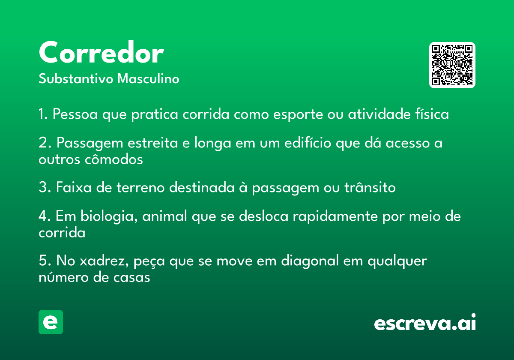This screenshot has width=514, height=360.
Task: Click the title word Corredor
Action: pos(101,52)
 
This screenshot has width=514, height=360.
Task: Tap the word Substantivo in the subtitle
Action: pos(76,78)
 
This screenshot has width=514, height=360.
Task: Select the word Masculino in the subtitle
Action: pos(148,78)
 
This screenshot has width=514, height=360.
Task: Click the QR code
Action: pos(452,65)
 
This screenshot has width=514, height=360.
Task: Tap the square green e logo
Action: pos(51,322)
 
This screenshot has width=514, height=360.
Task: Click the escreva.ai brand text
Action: pos(425,322)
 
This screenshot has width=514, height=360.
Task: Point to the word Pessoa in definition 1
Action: pos(75,114)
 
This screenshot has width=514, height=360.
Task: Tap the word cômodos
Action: pos(114,159)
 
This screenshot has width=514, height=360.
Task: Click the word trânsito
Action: pos(370,187)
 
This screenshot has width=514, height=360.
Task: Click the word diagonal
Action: pos(310,261)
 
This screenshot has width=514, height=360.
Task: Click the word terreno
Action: pos(140,187)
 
